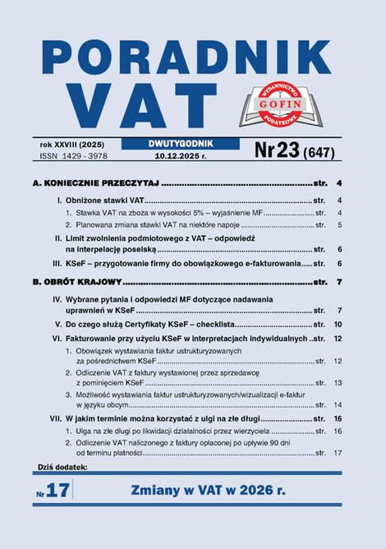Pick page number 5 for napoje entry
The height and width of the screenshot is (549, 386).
coord(339,224)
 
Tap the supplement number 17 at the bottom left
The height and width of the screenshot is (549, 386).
coord(62,492)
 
